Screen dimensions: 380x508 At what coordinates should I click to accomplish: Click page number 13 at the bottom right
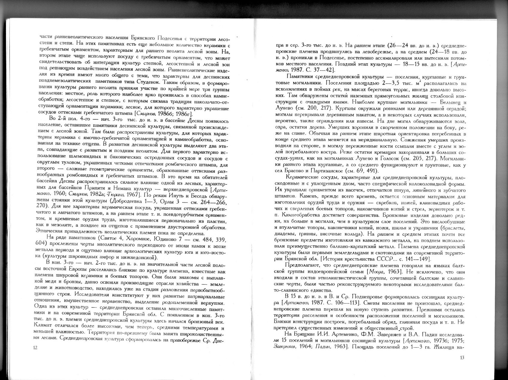coord(462,357)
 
